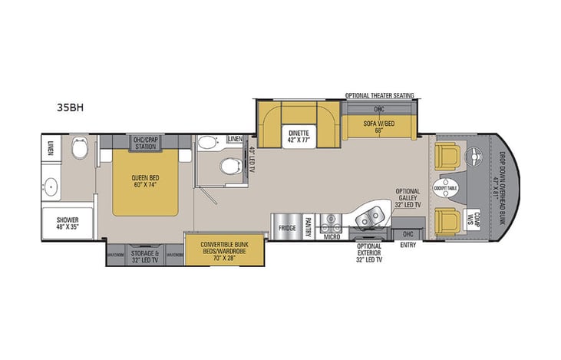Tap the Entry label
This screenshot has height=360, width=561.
(x=408, y=246)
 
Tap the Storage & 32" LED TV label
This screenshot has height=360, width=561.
(x=146, y=256)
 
